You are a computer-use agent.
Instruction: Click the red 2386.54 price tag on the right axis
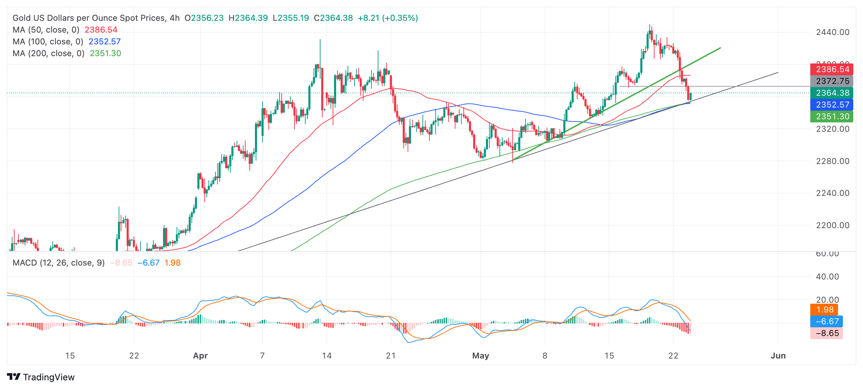tap(831, 69)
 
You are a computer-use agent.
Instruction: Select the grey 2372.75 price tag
tap(831, 81)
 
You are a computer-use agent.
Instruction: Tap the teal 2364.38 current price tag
tap(831, 93)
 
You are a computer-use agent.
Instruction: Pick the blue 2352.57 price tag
tap(831, 105)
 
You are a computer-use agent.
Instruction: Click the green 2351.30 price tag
tap(831, 116)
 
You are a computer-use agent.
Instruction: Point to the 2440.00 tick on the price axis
tap(832, 32)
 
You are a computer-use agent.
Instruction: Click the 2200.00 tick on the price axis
tap(832, 225)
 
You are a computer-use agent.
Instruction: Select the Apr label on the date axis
tap(200, 356)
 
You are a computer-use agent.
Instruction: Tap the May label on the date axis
tap(480, 356)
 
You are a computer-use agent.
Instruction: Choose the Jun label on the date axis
tap(778, 356)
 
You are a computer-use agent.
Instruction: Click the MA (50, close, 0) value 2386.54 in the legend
tap(101, 30)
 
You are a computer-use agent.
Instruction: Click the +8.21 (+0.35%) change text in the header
tap(388, 18)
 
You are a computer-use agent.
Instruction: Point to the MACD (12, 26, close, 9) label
tap(59, 263)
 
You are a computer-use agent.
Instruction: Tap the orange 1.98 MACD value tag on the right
tap(824, 310)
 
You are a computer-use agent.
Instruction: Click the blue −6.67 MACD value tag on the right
tap(827, 321)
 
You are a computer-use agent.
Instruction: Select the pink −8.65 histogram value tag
tap(827, 333)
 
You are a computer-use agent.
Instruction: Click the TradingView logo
tap(41, 377)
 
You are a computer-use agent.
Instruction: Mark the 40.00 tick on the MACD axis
tap(827, 277)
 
